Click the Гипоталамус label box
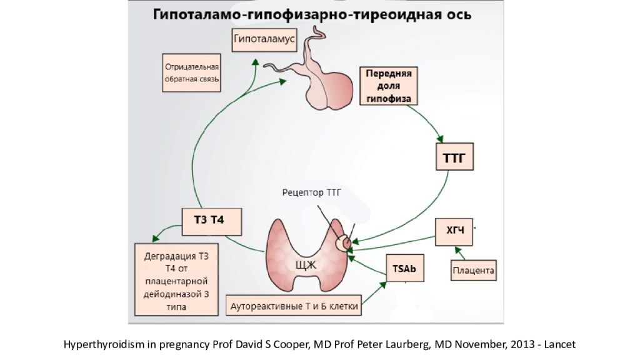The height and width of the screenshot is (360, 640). click(x=255, y=39)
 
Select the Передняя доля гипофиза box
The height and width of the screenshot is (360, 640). click(x=388, y=86)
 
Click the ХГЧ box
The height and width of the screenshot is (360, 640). click(x=454, y=231)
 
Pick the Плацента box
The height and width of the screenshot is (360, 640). click(x=473, y=271)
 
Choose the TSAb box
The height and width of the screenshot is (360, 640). click(x=404, y=268)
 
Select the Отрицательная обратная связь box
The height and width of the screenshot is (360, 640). click(x=191, y=72)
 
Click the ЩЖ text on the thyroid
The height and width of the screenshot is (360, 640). click(x=306, y=265)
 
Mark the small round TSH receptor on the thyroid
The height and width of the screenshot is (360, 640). click(x=343, y=242)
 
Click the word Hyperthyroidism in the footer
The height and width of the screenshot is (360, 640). click(x=95, y=344)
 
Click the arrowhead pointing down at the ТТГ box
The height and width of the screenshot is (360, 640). click(x=441, y=138)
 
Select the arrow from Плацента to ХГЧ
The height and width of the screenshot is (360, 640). click(x=461, y=252)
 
